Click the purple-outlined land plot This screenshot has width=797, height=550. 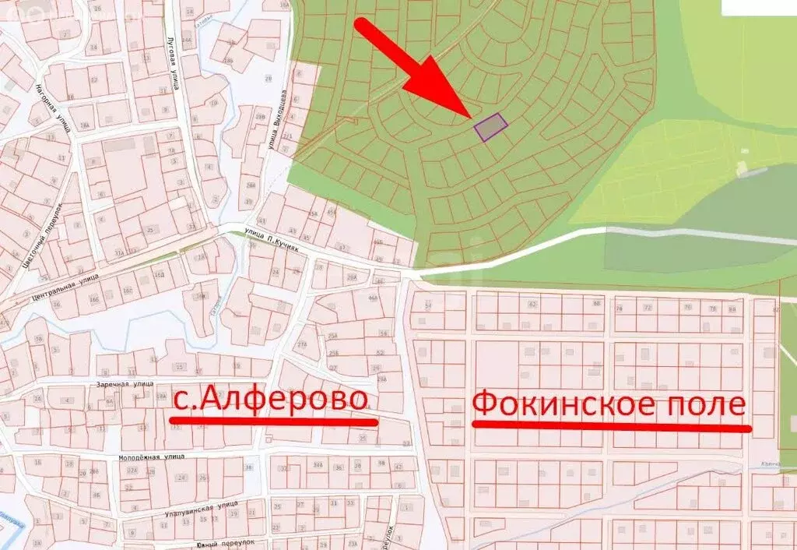point(491,126)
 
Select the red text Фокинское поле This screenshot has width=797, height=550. point(609,404)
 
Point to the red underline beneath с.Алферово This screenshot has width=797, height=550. point(273,421)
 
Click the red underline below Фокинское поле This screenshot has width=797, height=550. point(613,427)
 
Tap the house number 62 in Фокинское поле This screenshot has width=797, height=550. point(532,304)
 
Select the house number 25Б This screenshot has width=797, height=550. point(332,354)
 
